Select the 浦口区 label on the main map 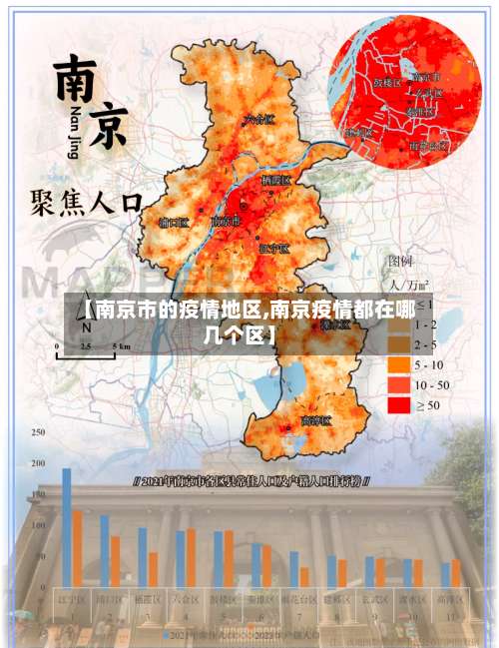click(175, 223)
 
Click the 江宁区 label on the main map click(273, 248)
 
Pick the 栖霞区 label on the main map click(275, 181)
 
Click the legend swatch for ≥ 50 click(401, 405)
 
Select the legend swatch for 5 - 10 click(401, 365)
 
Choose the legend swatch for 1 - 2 click(401, 325)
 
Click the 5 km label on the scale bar click(122, 346)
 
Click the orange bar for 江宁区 click(77, 548)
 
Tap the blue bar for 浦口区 click(105, 550)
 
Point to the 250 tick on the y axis click(38, 432)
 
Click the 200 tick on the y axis click(38, 463)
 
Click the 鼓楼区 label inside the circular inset click(386, 83)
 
